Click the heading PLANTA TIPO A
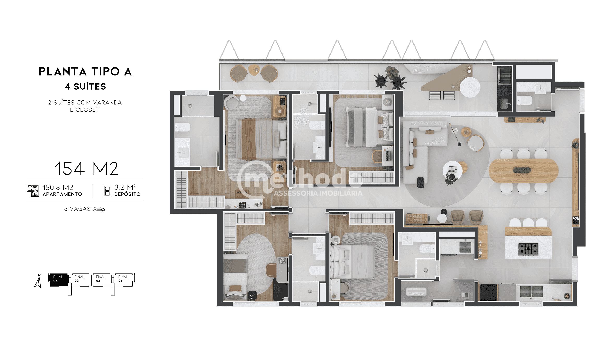(85, 72)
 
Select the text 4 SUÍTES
(85, 87)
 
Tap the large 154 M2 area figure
(86, 169)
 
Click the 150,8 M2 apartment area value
(58, 188)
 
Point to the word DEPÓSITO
(127, 194)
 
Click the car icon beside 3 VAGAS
(99, 209)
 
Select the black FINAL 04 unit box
(58, 279)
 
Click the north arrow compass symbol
(38, 281)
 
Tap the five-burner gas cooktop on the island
(528, 249)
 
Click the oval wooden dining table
(523, 171)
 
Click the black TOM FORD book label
(575, 218)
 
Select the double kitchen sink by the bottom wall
(531, 291)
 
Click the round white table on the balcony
(470, 87)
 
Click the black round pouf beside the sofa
(421, 182)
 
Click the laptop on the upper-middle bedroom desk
(388, 155)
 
